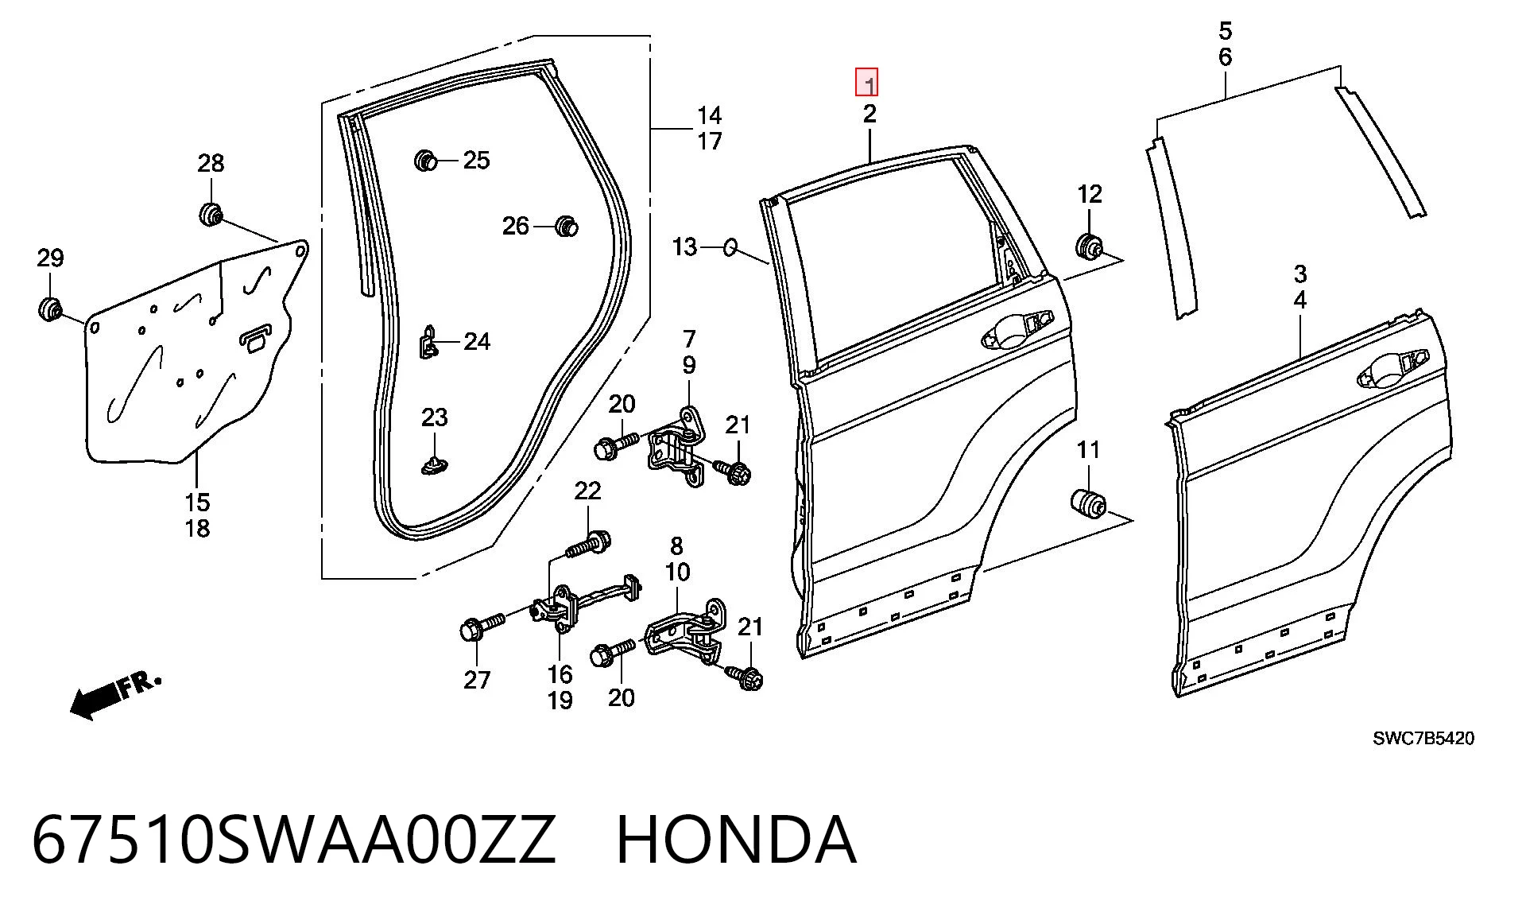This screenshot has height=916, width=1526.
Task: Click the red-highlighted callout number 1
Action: tap(866, 83)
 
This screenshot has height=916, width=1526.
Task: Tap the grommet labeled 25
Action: tap(426, 161)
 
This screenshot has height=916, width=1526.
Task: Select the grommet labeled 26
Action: tap(566, 226)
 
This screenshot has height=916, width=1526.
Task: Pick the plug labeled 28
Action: tap(210, 214)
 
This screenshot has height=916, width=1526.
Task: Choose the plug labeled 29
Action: tap(50, 309)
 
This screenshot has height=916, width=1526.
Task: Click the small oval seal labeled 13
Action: tap(730, 247)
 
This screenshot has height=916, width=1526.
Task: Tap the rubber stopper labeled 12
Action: tap(1087, 246)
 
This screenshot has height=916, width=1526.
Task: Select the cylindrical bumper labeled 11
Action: tap(1086, 503)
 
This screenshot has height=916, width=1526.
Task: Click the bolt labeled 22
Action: tap(588, 546)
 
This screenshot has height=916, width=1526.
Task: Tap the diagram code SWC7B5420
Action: tap(1423, 739)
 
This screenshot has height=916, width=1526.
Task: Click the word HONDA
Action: tap(736, 840)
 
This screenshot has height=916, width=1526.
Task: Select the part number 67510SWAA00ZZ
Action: tap(293, 840)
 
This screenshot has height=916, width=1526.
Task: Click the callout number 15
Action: tap(197, 503)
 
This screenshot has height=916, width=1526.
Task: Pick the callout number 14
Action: tap(709, 115)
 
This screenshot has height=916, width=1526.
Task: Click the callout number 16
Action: tap(560, 674)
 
